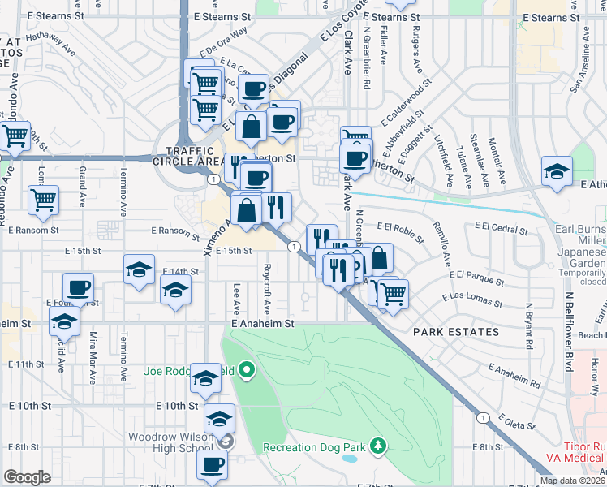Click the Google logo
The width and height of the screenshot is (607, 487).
point(27,477)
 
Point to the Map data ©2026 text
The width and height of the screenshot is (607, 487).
point(572,481)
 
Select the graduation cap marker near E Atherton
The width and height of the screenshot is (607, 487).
point(557,172)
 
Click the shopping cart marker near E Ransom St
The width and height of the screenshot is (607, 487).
point(43,200)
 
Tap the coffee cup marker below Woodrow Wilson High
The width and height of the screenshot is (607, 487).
point(213,467)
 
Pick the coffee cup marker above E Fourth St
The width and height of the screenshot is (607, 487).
point(79,288)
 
